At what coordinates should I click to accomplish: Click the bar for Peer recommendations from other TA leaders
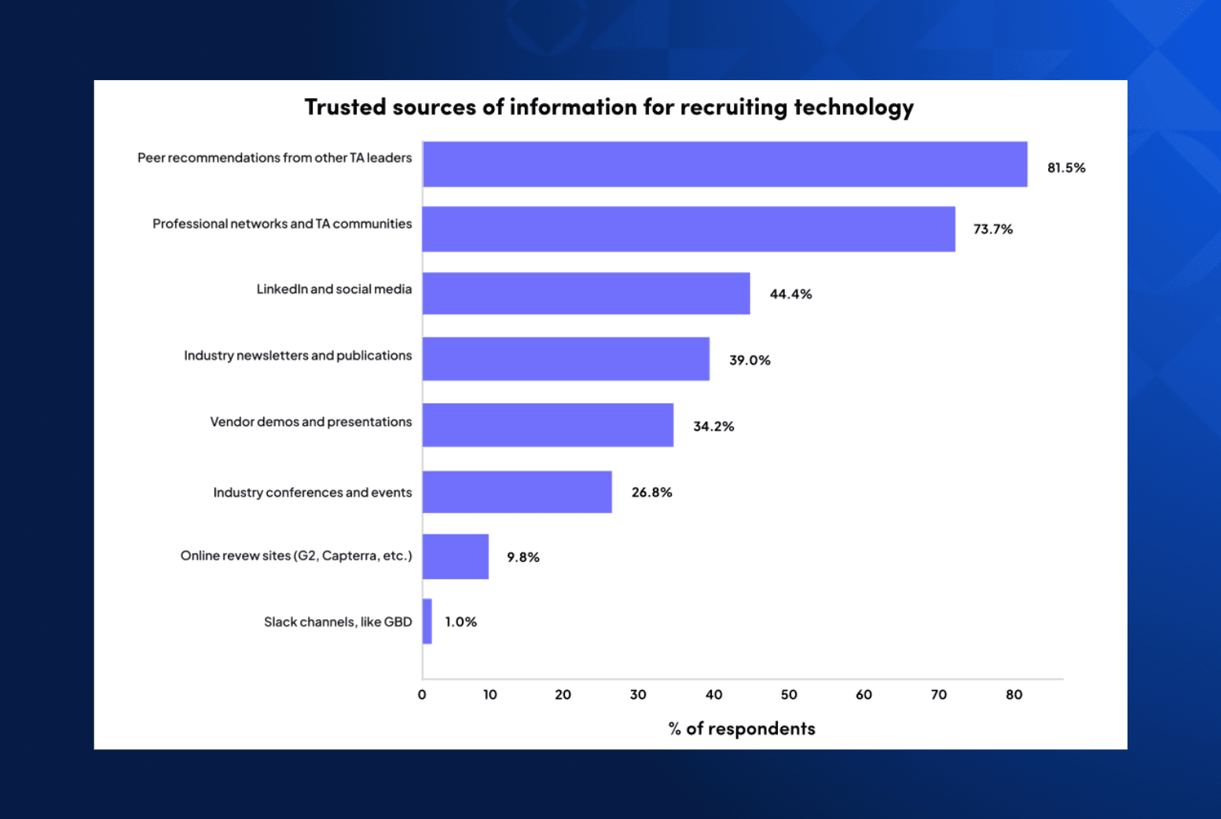point(724,164)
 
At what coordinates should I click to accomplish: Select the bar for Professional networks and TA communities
point(688,230)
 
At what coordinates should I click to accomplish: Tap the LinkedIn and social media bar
point(586,293)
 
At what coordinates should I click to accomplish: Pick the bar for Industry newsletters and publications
point(566,359)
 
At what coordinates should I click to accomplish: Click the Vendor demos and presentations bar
point(548,425)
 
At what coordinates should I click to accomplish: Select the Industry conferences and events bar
point(517,492)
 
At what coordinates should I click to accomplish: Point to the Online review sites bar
point(456,556)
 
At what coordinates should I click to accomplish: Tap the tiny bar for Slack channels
point(427,621)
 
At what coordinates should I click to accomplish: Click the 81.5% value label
point(1065,167)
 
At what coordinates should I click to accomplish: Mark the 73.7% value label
point(992,230)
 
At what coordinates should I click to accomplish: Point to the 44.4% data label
point(790,294)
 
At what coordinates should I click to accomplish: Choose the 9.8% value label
point(522,557)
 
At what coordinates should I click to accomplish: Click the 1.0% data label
point(460,622)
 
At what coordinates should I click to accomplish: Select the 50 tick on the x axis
point(788,695)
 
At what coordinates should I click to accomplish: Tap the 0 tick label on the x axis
point(422,695)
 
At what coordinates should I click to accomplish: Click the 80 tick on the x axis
point(1014,695)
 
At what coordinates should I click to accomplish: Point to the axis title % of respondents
point(742,729)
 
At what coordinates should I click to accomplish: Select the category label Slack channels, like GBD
point(338,622)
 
